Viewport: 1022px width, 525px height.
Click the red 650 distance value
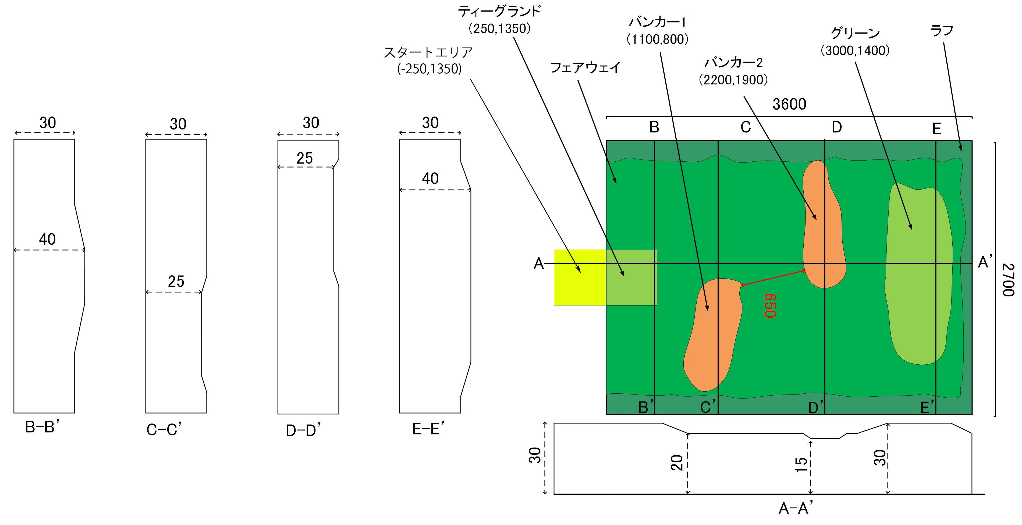click(770, 306)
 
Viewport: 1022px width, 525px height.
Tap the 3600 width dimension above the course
click(789, 104)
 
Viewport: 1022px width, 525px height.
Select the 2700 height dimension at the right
click(1008, 280)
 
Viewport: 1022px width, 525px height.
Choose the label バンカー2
click(733, 63)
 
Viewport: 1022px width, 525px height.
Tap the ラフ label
click(942, 31)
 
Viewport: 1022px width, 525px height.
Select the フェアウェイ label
click(585, 68)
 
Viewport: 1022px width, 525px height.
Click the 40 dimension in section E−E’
click(430, 179)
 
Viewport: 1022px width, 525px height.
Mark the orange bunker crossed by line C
click(712, 333)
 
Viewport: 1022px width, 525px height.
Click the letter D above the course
click(837, 127)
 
